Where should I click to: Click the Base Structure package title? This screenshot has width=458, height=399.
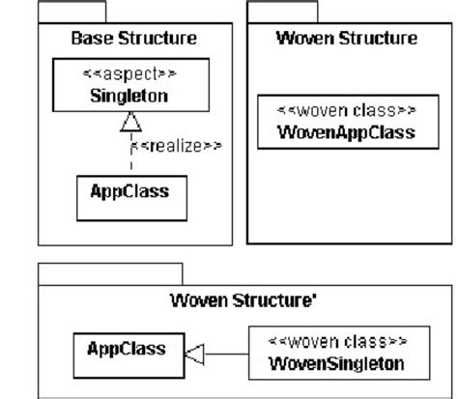click(134, 40)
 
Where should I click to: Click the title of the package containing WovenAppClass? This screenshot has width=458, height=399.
click(346, 40)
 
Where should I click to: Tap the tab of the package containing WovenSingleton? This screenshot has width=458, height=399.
click(110, 273)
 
